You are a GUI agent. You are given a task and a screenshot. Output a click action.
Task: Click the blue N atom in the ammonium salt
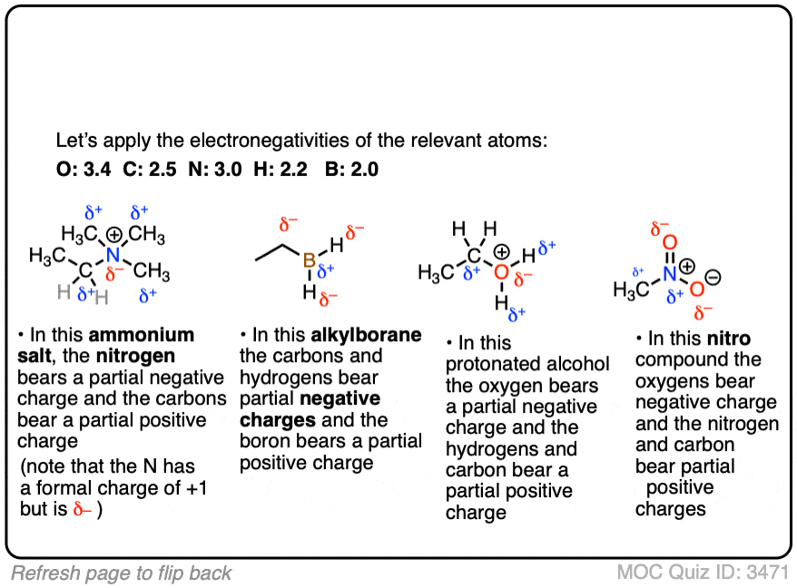(113, 254)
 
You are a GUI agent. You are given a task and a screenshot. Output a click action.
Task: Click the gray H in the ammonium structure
(63, 291)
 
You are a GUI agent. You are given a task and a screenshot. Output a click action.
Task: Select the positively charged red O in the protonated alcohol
(501, 270)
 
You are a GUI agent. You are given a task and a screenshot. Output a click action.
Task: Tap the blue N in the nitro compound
(670, 272)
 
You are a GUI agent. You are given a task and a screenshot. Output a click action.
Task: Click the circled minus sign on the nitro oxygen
(713, 279)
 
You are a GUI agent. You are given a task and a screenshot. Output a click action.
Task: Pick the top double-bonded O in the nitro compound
(670, 242)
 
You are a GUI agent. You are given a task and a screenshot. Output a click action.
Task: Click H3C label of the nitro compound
(630, 290)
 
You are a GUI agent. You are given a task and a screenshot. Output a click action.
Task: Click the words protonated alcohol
(527, 364)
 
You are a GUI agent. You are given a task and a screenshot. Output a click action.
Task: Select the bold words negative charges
(310, 409)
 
